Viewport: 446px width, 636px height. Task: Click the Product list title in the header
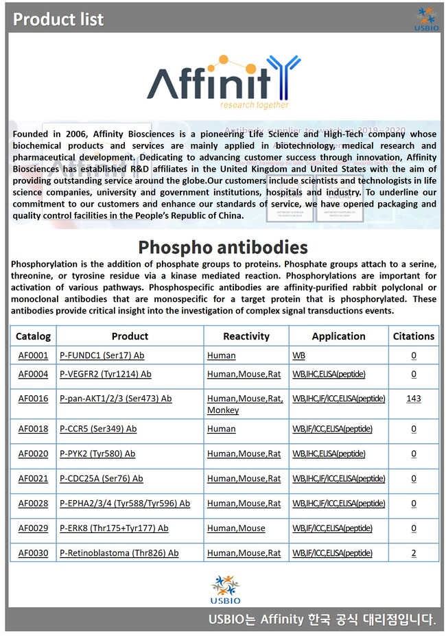pos(58,19)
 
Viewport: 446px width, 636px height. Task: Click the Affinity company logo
pos(223,82)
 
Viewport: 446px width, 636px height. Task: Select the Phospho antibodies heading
pos(223,247)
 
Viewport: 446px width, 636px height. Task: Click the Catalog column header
pos(33,336)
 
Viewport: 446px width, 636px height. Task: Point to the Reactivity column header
pos(246,336)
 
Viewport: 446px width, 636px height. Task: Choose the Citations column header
pos(413,336)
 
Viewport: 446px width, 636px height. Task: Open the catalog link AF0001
pos(33,355)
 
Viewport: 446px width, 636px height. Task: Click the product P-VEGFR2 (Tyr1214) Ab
pos(105,374)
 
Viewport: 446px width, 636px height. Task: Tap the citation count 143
pos(413,399)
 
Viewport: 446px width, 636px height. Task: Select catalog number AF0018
pos(33,429)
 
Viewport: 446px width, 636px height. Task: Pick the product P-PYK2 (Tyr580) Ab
pos(97,454)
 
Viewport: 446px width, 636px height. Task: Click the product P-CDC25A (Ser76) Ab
pos(101,478)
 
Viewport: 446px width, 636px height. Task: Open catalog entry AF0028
pos(33,503)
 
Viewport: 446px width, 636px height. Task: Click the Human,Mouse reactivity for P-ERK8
pos(236,528)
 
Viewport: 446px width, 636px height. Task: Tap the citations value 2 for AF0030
pos(413,553)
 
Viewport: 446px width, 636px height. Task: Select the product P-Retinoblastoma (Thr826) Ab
pos(119,553)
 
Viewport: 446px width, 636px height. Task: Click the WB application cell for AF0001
pos(299,355)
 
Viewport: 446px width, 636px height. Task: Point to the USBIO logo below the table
pos(225,589)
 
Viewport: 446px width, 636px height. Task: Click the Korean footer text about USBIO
pos(322,620)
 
